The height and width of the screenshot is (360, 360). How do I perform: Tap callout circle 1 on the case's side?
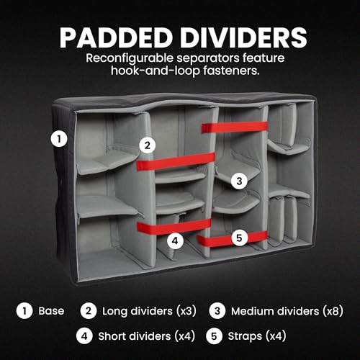click(59, 139)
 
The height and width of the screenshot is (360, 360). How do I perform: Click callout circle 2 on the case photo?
click(148, 145)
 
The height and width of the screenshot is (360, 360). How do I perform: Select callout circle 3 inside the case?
click(239, 181)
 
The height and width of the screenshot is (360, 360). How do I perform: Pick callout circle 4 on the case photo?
click(175, 240)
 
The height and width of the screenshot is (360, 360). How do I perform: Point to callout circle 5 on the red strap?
click(239, 238)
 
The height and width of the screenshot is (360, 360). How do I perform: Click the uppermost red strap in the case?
click(234, 127)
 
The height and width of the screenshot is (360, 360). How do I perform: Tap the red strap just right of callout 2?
click(176, 161)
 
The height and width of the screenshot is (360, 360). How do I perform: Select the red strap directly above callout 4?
click(174, 227)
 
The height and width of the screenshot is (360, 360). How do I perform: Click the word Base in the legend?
click(51, 311)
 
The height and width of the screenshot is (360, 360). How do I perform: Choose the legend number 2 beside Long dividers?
click(89, 311)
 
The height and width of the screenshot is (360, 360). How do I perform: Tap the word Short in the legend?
click(112, 336)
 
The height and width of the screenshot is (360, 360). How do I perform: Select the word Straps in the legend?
click(245, 336)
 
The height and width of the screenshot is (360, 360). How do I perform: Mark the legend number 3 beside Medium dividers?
click(217, 311)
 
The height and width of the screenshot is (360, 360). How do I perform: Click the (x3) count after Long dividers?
click(186, 311)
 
